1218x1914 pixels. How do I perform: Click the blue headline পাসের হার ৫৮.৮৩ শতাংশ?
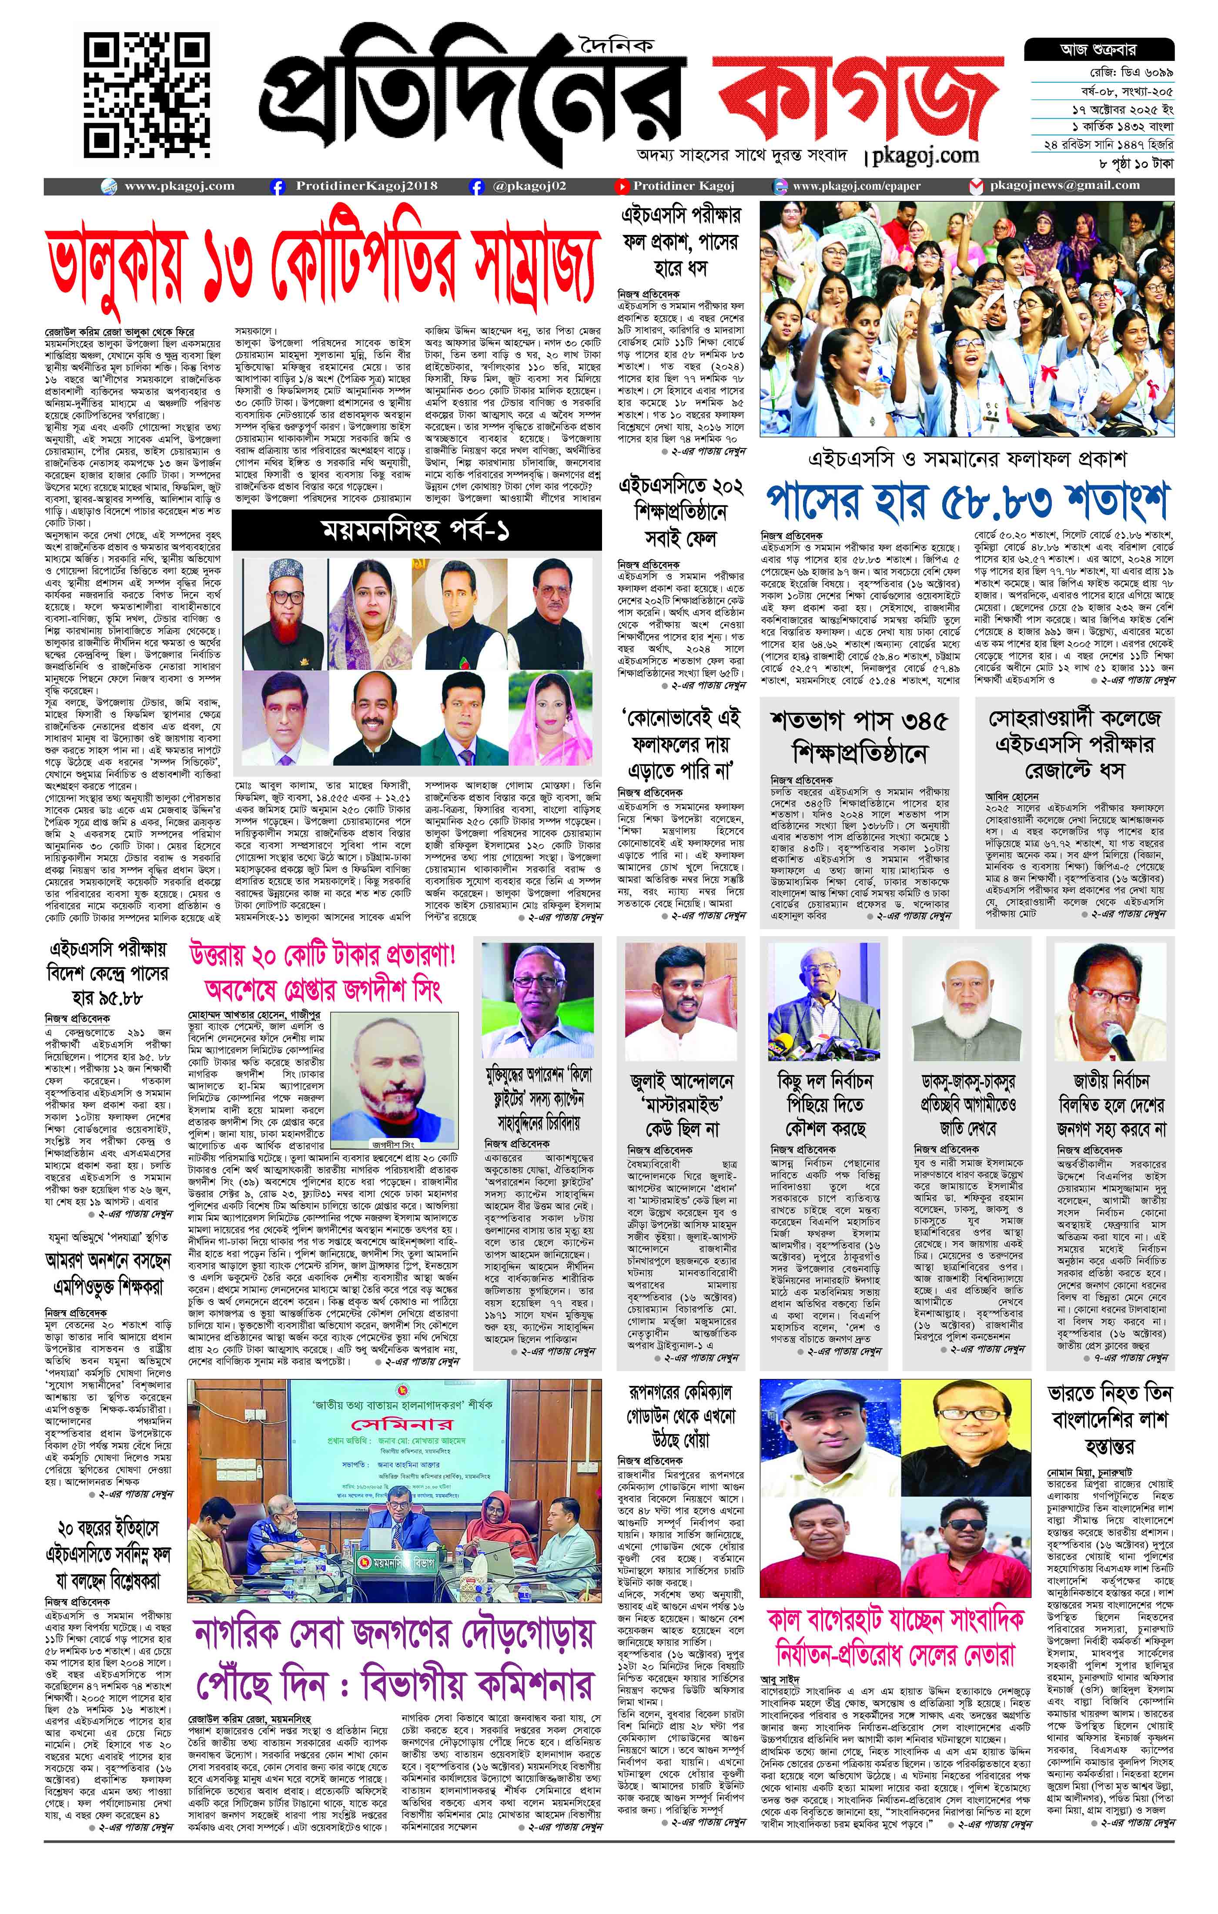pyautogui.click(x=967, y=502)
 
